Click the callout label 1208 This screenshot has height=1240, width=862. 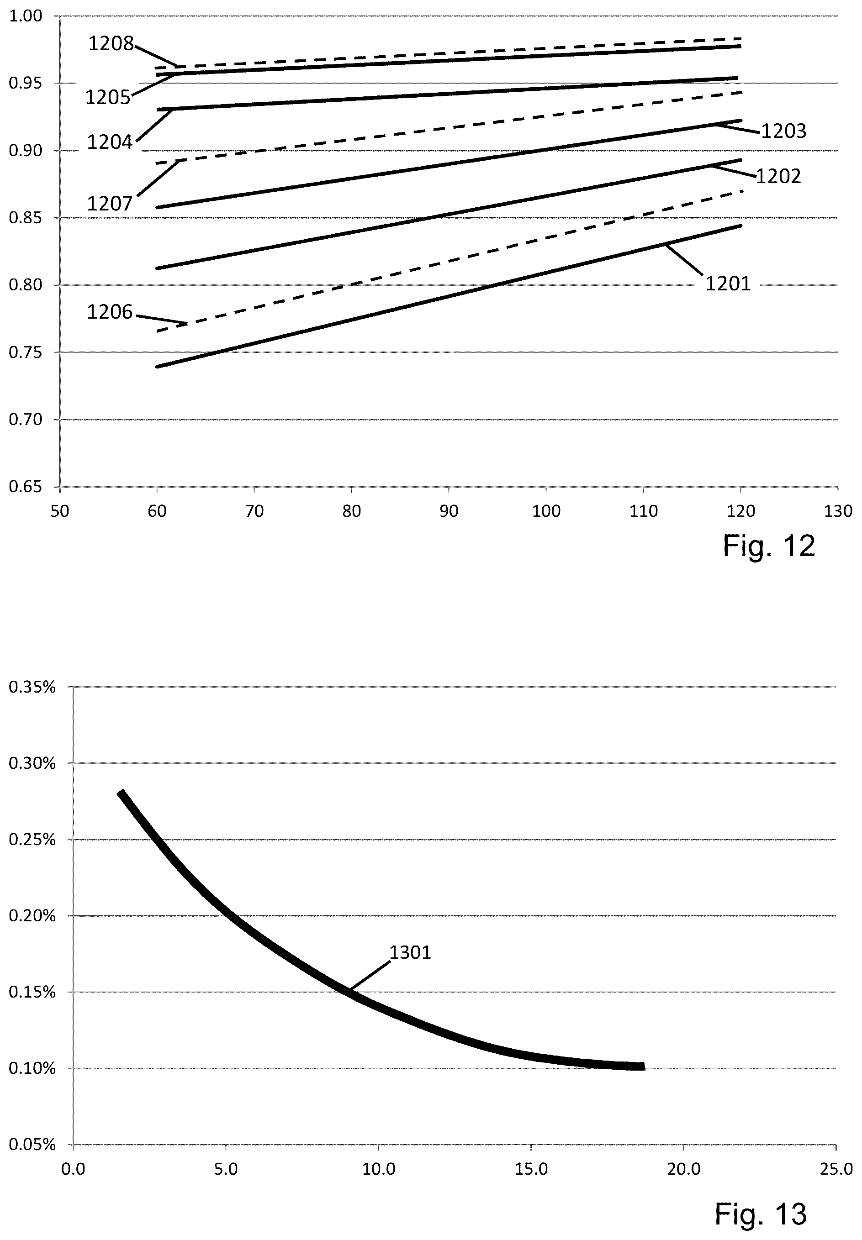click(x=111, y=44)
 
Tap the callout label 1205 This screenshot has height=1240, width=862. click(x=108, y=98)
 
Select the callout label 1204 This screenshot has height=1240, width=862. click(x=110, y=142)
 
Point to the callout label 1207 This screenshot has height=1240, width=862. click(x=110, y=204)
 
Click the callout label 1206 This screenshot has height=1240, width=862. click(x=110, y=312)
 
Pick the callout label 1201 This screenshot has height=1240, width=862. click(x=728, y=284)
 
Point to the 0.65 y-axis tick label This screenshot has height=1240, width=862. click(x=26, y=487)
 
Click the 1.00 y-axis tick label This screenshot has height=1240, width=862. click(x=26, y=16)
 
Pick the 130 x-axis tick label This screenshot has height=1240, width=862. click(x=838, y=511)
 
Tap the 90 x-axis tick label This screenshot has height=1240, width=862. click(x=449, y=511)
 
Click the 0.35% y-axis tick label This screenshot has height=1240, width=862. click(x=32, y=687)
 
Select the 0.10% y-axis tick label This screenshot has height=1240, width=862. click(x=32, y=1068)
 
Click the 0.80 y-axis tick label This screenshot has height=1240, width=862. click(x=26, y=285)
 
